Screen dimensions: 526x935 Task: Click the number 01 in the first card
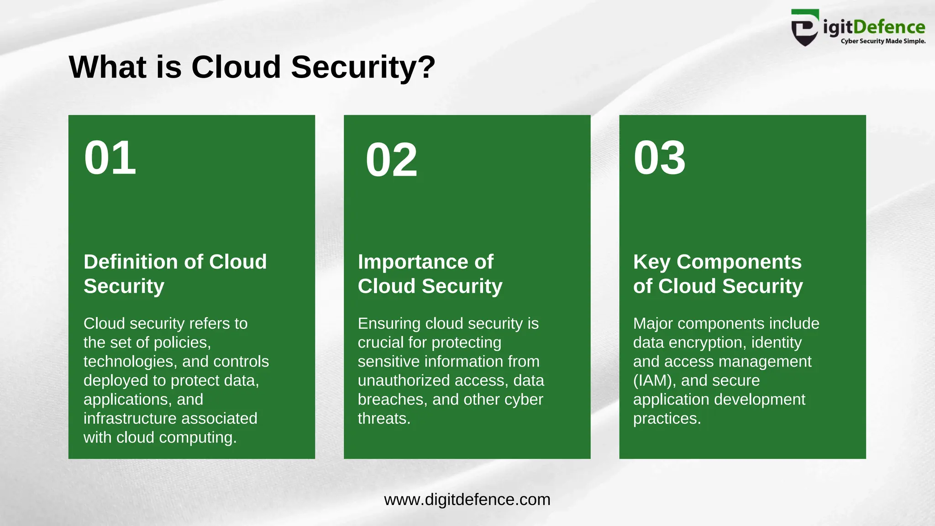tap(110, 158)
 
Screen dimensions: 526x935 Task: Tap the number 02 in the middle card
tap(391, 160)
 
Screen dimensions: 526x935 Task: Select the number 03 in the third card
tap(659, 158)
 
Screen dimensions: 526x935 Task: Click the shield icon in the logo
tap(804, 28)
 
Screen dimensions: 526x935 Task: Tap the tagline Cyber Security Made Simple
tap(883, 41)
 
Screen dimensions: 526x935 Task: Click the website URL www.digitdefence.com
tap(467, 500)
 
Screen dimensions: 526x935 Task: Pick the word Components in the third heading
tap(739, 262)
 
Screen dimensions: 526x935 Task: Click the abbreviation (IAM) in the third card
tap(652, 380)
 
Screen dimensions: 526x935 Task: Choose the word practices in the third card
tap(666, 418)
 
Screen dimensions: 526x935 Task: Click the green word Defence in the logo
tap(889, 27)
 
